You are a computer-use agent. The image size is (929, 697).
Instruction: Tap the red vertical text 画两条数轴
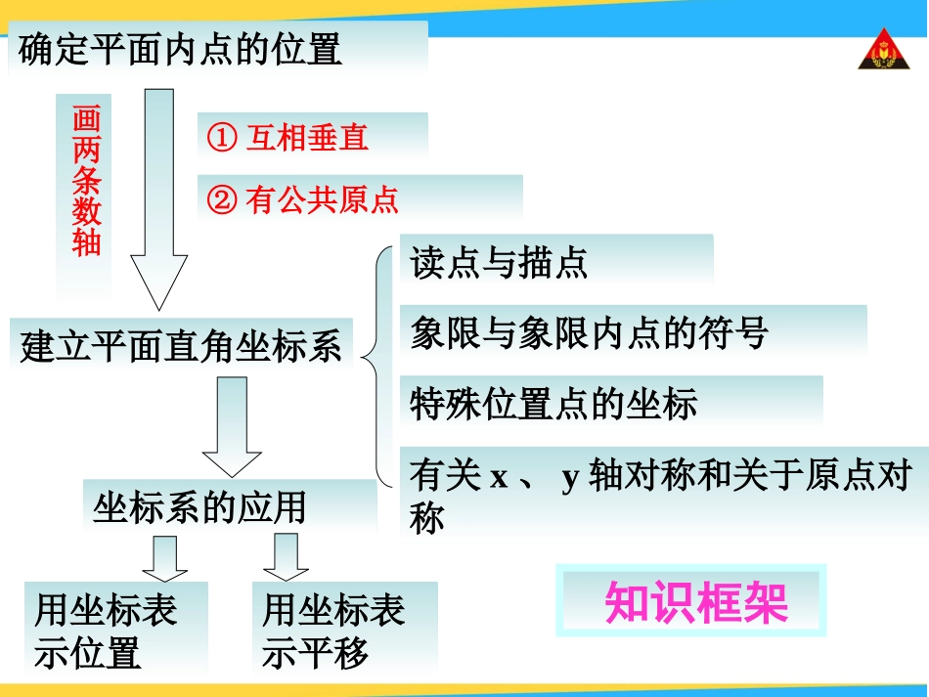click(x=86, y=181)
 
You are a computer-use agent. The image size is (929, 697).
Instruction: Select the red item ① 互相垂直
click(x=288, y=138)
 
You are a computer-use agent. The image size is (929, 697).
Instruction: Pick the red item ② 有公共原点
click(x=303, y=200)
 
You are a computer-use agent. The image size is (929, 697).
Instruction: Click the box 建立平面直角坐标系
click(x=181, y=346)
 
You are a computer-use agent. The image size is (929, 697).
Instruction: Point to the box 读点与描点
click(x=499, y=263)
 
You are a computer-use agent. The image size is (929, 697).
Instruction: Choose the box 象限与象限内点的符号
click(x=590, y=333)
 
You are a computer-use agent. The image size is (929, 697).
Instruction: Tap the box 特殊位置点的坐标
click(x=553, y=404)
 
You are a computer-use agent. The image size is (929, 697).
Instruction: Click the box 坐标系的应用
click(x=199, y=507)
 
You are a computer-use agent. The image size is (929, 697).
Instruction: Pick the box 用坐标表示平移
click(x=333, y=632)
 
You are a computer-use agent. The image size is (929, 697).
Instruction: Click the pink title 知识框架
click(x=695, y=602)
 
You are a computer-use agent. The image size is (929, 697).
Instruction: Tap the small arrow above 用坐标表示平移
click(x=286, y=558)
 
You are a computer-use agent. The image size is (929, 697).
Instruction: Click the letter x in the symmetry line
click(x=500, y=479)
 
